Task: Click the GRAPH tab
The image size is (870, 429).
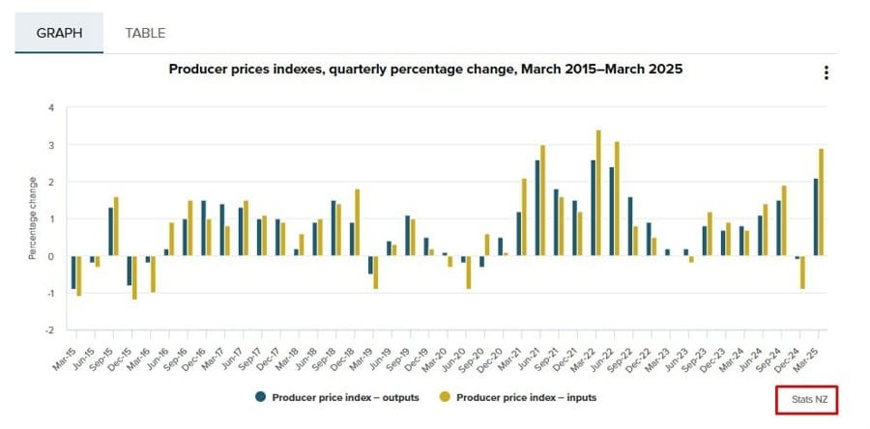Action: tap(58, 33)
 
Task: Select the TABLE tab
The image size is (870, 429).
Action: tap(145, 33)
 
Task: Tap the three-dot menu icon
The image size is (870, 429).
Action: tap(826, 73)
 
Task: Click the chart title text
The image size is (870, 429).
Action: tap(426, 70)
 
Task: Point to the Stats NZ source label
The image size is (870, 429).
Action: tap(805, 399)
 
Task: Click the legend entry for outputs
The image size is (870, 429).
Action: tap(338, 397)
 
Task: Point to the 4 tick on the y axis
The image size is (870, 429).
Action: tap(50, 107)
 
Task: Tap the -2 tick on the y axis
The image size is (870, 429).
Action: tap(48, 329)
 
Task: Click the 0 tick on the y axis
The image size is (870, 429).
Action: tap(50, 256)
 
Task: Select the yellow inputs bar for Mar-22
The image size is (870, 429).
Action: tap(599, 193)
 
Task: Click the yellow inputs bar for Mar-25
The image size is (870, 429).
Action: tap(822, 202)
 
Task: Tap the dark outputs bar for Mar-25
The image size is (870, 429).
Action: tap(815, 217)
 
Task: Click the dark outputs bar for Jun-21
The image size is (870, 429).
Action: tap(536, 208)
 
